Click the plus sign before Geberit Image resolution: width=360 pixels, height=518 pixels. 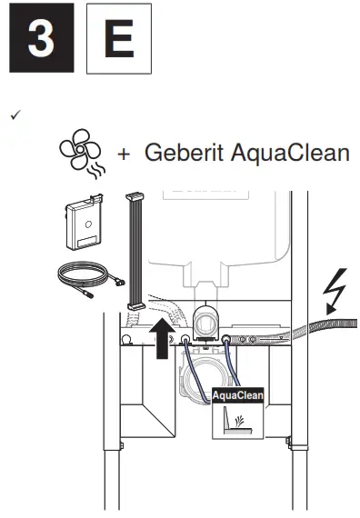pyautogui.click(x=125, y=154)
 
